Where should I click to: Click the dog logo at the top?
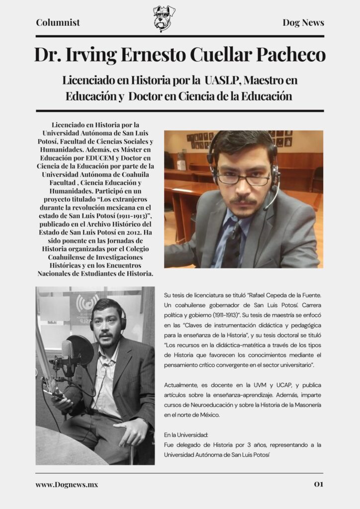(x=164, y=18)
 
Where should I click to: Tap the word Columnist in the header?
(x=58, y=22)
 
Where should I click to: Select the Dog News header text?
(x=303, y=22)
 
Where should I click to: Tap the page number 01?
(x=318, y=484)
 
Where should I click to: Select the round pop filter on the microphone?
(x=80, y=350)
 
